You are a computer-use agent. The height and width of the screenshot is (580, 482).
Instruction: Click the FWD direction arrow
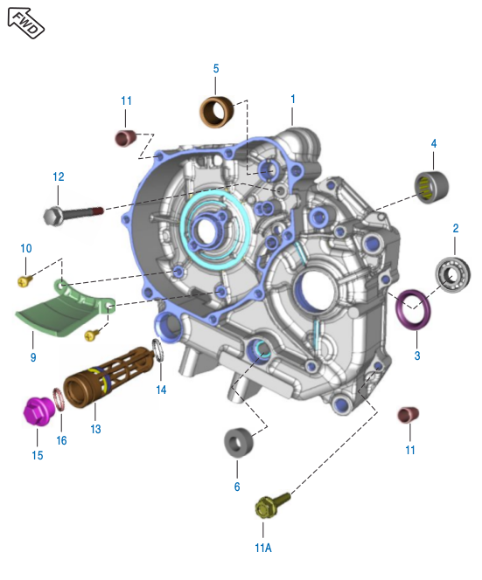[x=26, y=23]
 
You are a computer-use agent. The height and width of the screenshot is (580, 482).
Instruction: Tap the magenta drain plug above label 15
[x=38, y=411]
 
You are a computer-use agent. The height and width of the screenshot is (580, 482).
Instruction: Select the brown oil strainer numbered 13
[x=108, y=376]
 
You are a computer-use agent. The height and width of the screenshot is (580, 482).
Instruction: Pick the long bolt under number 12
[x=73, y=215]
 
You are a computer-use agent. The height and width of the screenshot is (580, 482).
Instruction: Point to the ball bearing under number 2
[x=452, y=275]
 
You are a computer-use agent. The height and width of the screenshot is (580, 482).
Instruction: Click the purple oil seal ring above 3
[x=413, y=309]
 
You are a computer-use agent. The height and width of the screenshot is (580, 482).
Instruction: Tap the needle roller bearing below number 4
[x=431, y=187]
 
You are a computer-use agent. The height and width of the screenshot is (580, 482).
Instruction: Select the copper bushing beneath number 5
[x=217, y=111]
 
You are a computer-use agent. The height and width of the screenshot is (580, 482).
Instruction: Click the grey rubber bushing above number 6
[x=239, y=443]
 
